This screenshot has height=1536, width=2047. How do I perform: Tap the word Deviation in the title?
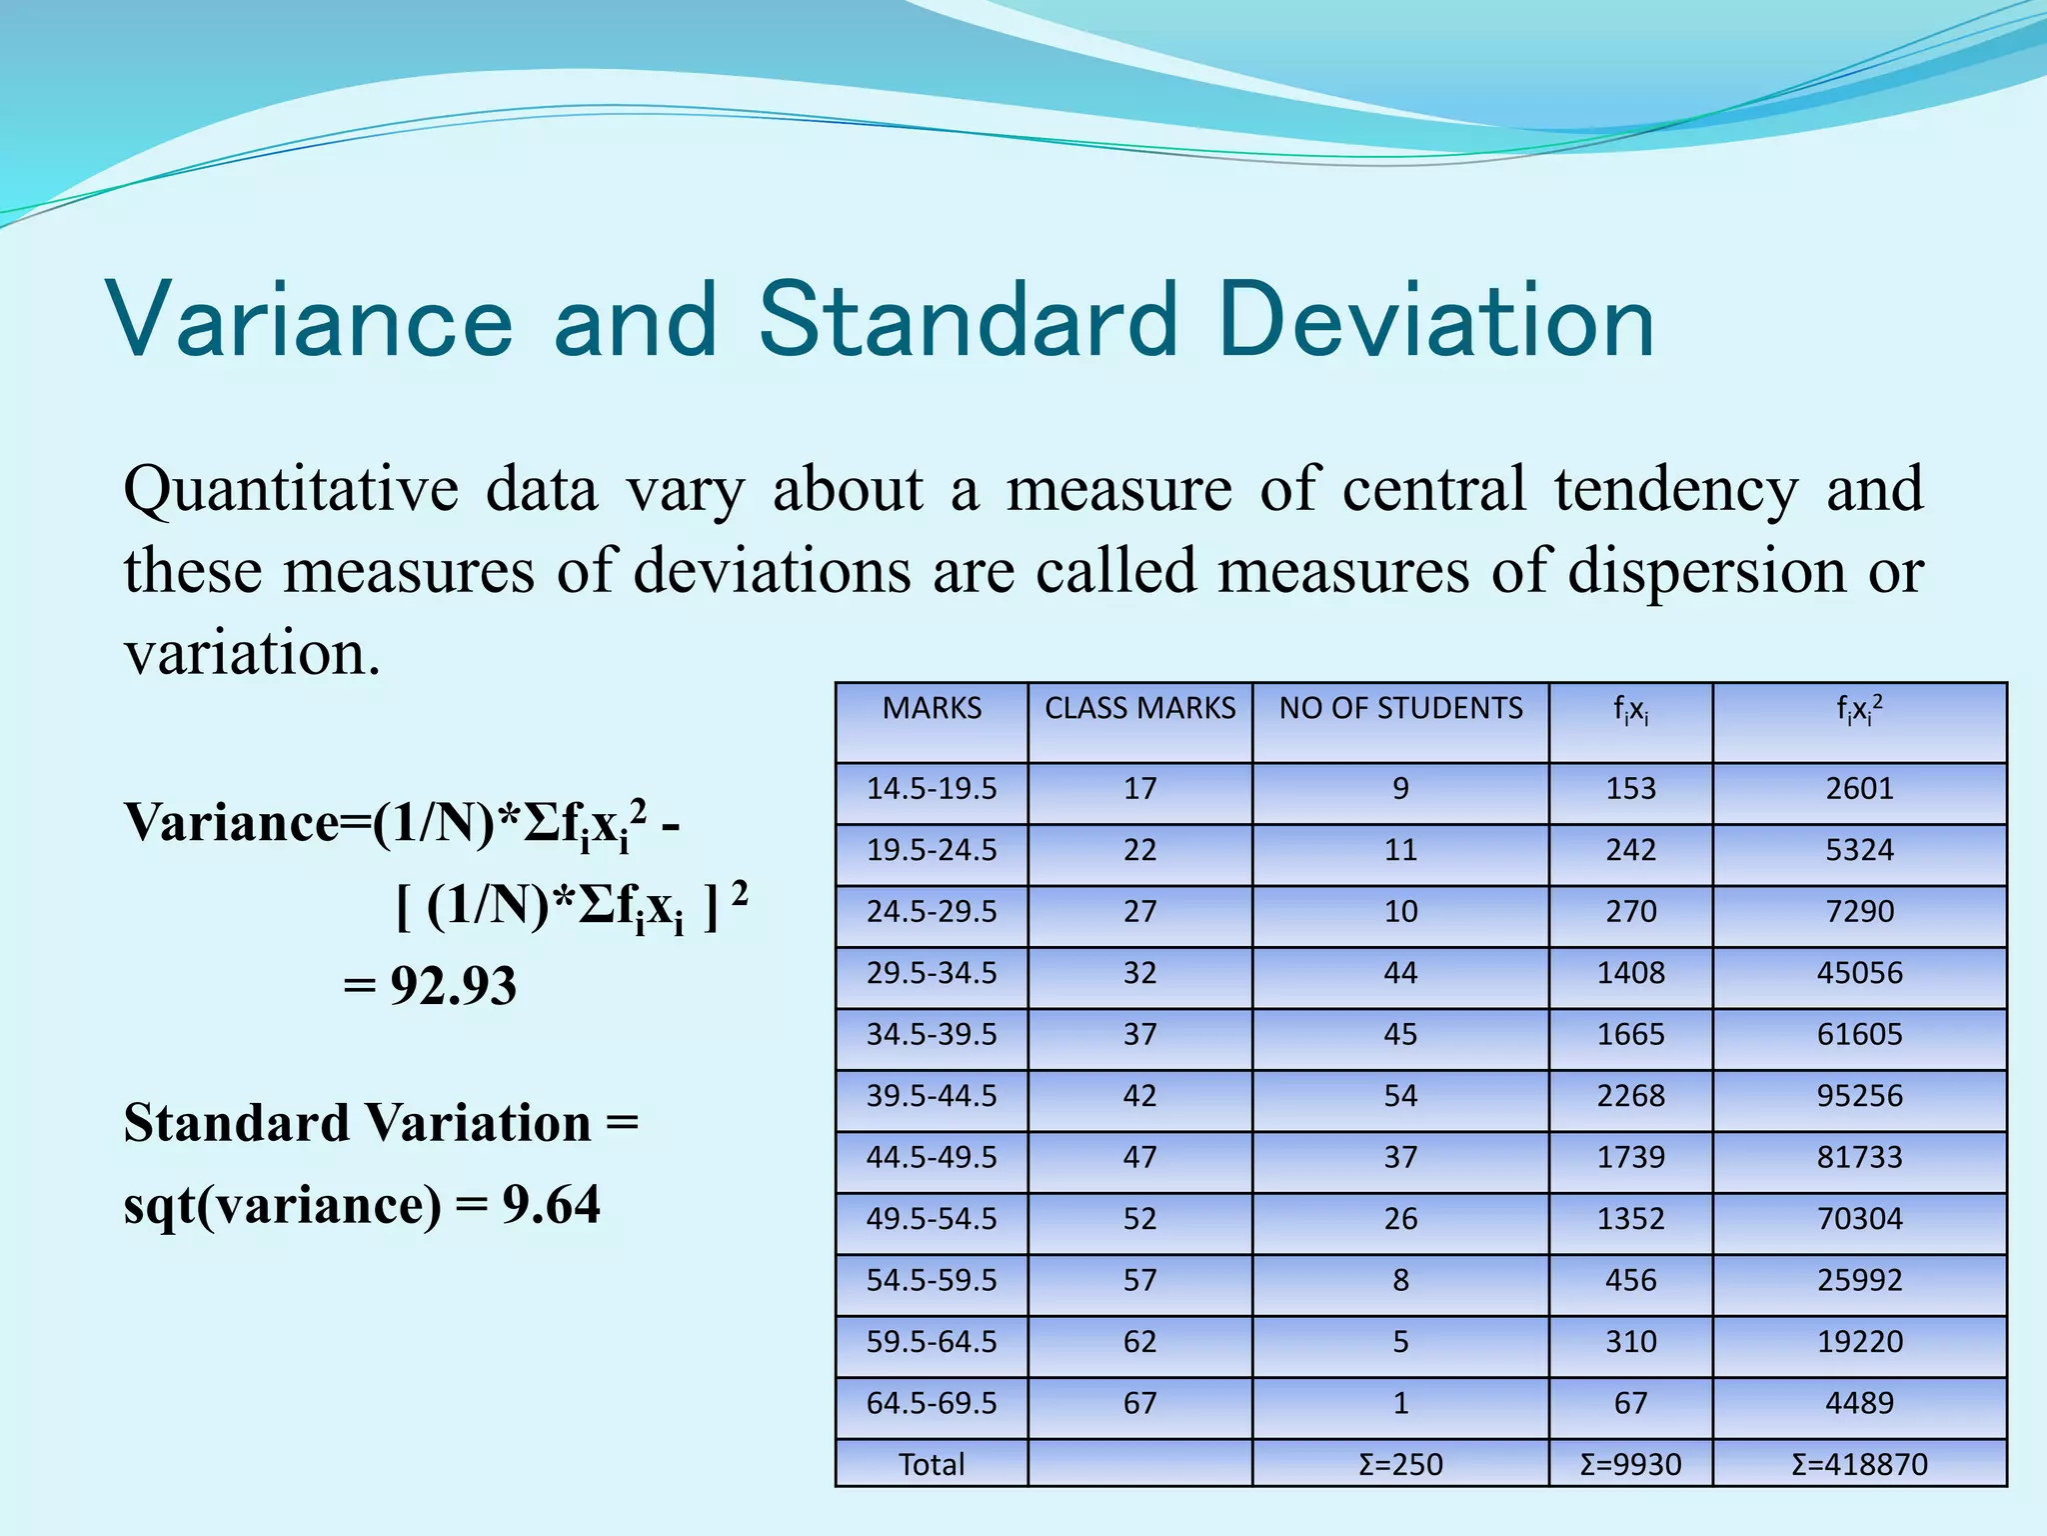[x=1435, y=320]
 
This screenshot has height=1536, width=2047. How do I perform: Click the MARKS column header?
[x=932, y=708]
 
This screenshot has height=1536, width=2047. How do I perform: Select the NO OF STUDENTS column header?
[x=1400, y=708]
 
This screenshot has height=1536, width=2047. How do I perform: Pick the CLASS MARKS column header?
[x=1139, y=708]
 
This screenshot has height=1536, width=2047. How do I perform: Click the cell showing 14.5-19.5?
[x=932, y=789]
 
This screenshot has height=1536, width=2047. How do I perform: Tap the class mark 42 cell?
[x=1139, y=1096]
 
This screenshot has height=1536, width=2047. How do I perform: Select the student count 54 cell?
[x=1400, y=1096]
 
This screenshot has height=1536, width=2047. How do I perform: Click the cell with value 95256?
[x=1859, y=1096]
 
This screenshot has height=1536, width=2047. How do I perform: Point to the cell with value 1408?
[x=1630, y=973]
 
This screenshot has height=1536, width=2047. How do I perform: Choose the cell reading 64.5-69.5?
[x=932, y=1403]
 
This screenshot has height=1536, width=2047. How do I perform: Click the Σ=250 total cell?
[x=1400, y=1464]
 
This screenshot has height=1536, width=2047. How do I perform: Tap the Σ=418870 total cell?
[x=1859, y=1464]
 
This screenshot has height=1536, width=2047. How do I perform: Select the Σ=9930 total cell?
[x=1630, y=1464]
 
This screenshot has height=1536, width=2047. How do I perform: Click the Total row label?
[x=932, y=1464]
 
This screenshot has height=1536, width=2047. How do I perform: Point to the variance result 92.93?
[x=453, y=986]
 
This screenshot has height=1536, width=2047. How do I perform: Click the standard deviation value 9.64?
[x=551, y=1205]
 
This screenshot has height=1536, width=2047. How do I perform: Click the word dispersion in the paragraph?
[x=1706, y=572]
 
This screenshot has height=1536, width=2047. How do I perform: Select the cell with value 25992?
[x=1859, y=1280]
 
